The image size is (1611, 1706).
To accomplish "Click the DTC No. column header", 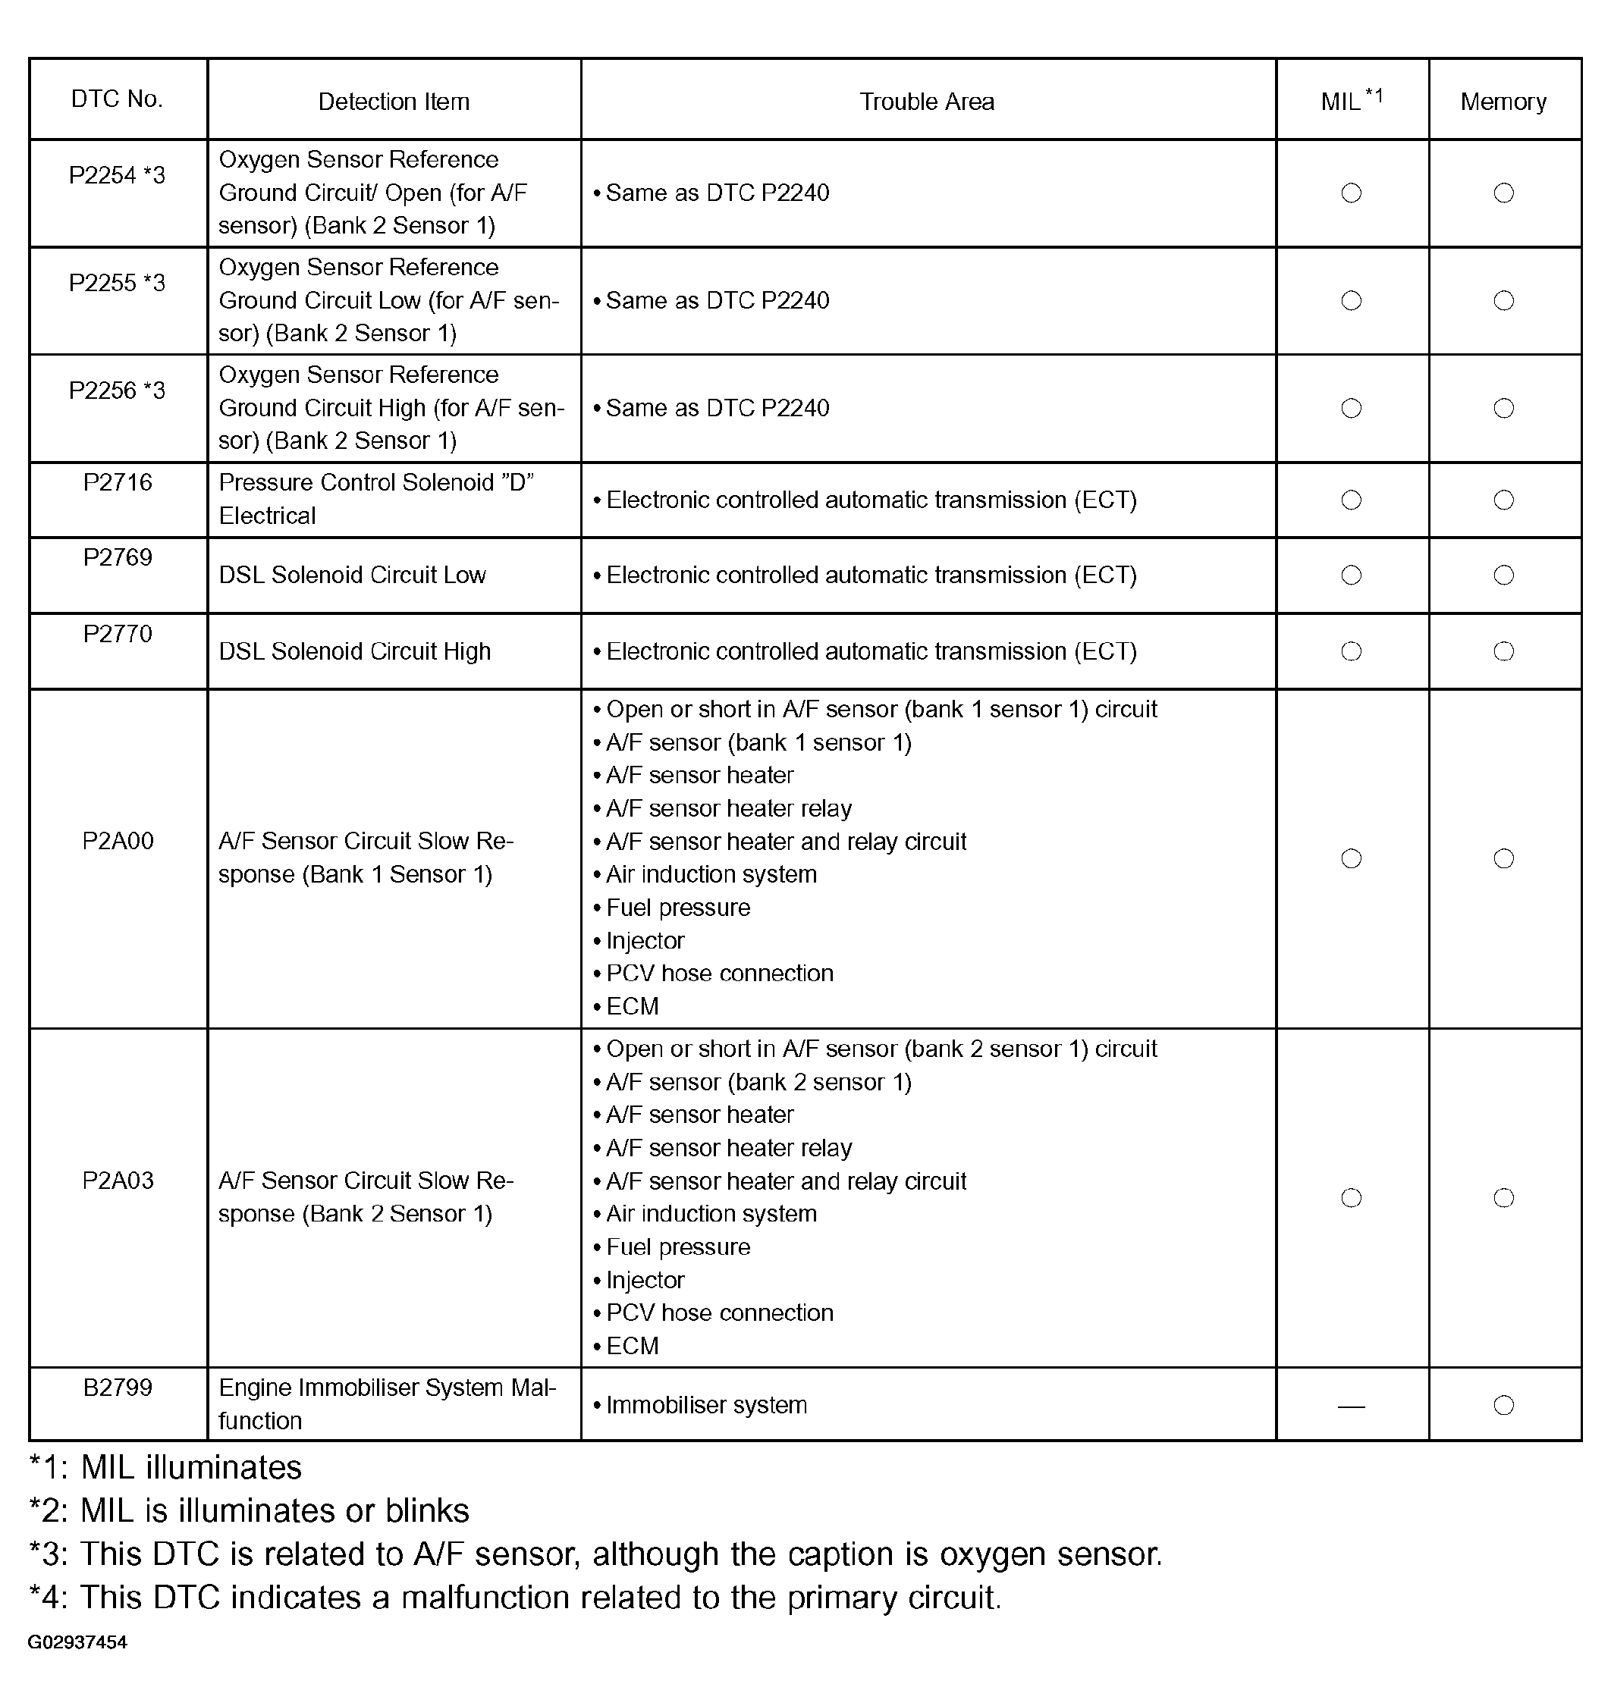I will [117, 99].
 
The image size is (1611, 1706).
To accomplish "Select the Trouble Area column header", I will [927, 102].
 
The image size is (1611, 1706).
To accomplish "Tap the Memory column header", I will [1503, 102].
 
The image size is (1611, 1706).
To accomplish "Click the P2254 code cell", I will [117, 175].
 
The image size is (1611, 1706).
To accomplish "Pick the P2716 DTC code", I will [117, 482].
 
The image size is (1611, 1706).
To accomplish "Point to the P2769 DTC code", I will [117, 558].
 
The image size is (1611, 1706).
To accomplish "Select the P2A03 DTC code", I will [118, 1181].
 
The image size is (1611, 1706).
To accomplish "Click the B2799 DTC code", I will [117, 1388].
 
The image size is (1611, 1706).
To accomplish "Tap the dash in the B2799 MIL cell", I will [1351, 1407].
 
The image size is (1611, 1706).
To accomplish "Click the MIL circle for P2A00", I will [1351, 858].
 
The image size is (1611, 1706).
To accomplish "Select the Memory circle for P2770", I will [1503, 651].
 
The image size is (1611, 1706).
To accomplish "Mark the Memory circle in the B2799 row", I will [1503, 1406].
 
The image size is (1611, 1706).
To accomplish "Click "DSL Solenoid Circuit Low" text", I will [352, 575].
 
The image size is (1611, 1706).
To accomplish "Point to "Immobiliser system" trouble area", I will [706, 1406].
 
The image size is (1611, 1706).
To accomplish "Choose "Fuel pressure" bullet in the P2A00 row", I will [677, 908].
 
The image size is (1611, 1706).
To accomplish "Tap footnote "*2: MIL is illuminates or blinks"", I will [249, 1510].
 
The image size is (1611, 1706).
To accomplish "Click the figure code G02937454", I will [77, 1642].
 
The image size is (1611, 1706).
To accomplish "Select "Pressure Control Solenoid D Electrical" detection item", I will [376, 499].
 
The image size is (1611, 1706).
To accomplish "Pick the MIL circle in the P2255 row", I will [1351, 300].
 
